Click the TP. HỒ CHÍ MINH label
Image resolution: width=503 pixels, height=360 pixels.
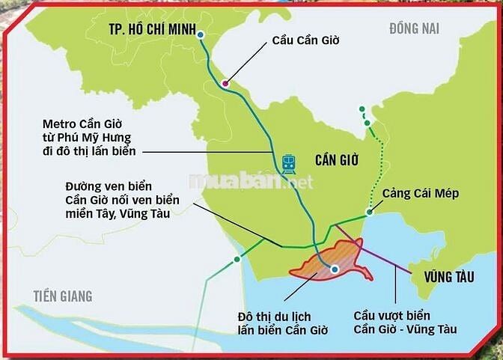pos(148,31)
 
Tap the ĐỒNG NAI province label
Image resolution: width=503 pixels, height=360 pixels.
pos(414,28)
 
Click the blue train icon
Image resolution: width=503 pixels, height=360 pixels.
pos(289,164)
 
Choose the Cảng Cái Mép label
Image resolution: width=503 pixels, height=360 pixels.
pos(420,194)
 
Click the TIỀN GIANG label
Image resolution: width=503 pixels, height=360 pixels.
pos(62,296)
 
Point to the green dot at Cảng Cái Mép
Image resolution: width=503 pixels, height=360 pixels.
pos(369,214)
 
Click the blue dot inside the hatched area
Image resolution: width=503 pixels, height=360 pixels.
pos(335,269)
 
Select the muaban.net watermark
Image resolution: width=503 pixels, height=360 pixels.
pos(251,180)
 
